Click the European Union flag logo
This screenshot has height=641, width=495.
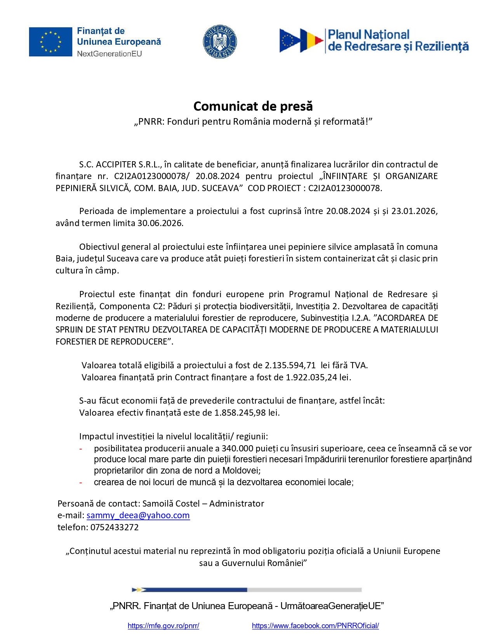(50, 42)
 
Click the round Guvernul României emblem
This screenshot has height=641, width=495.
(220, 42)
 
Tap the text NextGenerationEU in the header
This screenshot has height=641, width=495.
(109, 54)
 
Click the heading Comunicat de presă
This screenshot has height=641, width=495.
(253, 106)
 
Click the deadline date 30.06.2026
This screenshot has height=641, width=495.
(160, 223)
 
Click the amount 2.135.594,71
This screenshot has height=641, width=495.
(290, 365)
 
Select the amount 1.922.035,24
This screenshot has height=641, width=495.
(311, 377)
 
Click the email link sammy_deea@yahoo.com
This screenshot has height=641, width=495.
(138, 516)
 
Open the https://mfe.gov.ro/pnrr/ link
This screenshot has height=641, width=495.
(163, 626)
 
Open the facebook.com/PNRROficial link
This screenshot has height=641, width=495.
(315, 626)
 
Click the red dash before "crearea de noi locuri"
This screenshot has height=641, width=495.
(81, 483)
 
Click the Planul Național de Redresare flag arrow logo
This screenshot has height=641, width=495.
(301, 40)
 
